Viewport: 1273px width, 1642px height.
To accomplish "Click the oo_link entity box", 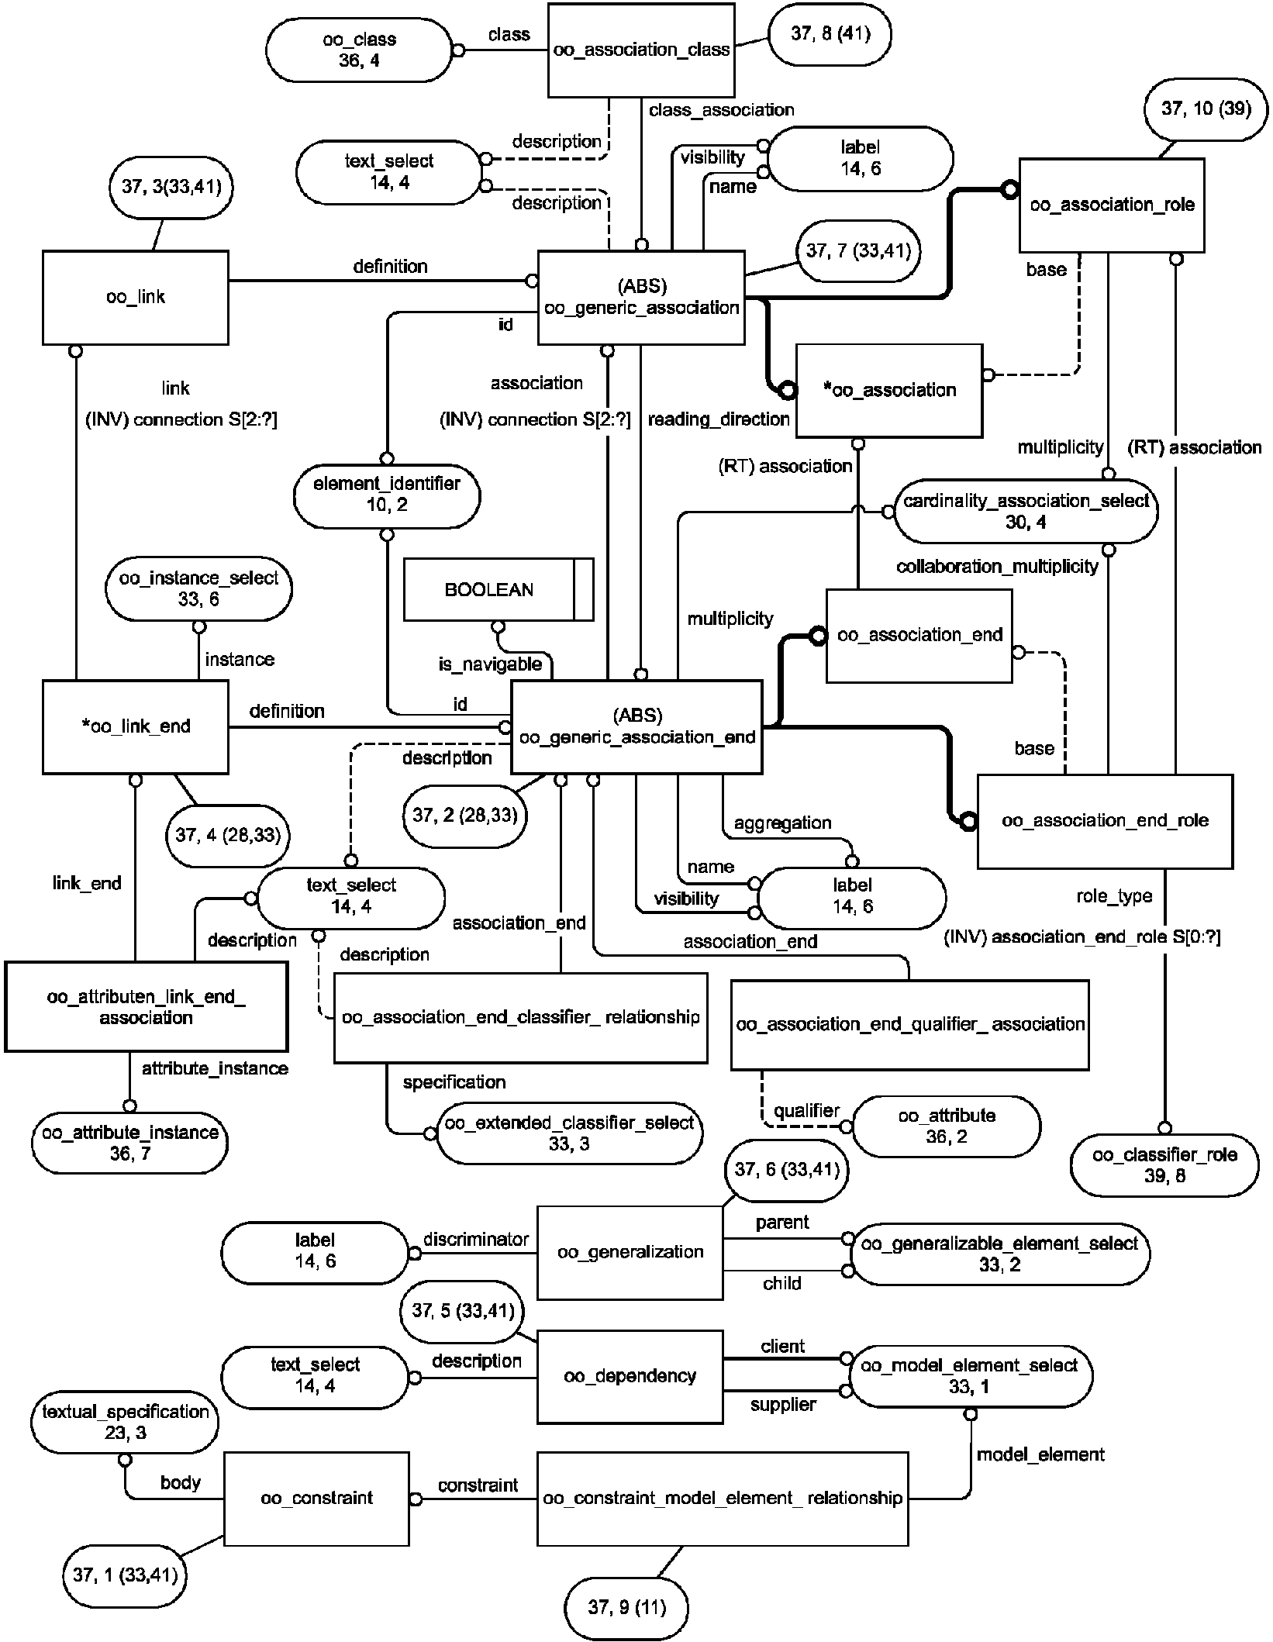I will (x=136, y=297).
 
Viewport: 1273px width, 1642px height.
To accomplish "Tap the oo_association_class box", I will (x=641, y=50).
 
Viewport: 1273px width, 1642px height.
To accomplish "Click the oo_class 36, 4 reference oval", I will (x=359, y=50).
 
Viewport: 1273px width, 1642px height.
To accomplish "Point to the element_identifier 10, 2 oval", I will (x=387, y=495).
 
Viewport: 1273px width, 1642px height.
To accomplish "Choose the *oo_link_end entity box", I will (x=136, y=726).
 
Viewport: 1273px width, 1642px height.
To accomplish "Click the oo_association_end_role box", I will (x=1105, y=820).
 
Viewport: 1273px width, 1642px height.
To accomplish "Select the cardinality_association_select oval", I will (x=1026, y=512).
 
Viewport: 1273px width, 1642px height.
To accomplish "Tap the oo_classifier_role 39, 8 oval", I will (x=1164, y=1164).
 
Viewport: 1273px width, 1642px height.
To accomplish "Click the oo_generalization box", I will (x=630, y=1252).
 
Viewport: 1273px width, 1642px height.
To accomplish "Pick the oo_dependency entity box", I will (x=630, y=1376).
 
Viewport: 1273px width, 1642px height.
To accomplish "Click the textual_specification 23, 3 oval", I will (x=125, y=1422).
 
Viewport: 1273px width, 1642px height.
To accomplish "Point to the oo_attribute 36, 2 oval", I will (x=947, y=1126).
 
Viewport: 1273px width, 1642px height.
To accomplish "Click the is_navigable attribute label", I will (x=490, y=664).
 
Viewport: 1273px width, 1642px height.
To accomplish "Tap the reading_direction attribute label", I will (x=719, y=419).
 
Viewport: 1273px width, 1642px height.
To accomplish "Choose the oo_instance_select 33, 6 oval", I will (x=198, y=588).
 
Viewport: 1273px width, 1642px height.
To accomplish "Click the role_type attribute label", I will (x=1114, y=896).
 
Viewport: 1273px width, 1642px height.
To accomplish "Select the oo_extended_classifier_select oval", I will (x=570, y=1133).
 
